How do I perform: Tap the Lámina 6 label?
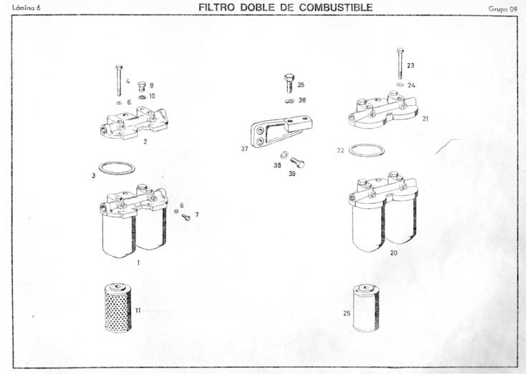point(28,9)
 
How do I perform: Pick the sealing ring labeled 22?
point(365,151)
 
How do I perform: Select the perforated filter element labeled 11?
point(116,307)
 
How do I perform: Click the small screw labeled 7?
point(185,217)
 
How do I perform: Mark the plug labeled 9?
point(141,85)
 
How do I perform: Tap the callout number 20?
point(394,253)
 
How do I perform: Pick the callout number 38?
point(276,164)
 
